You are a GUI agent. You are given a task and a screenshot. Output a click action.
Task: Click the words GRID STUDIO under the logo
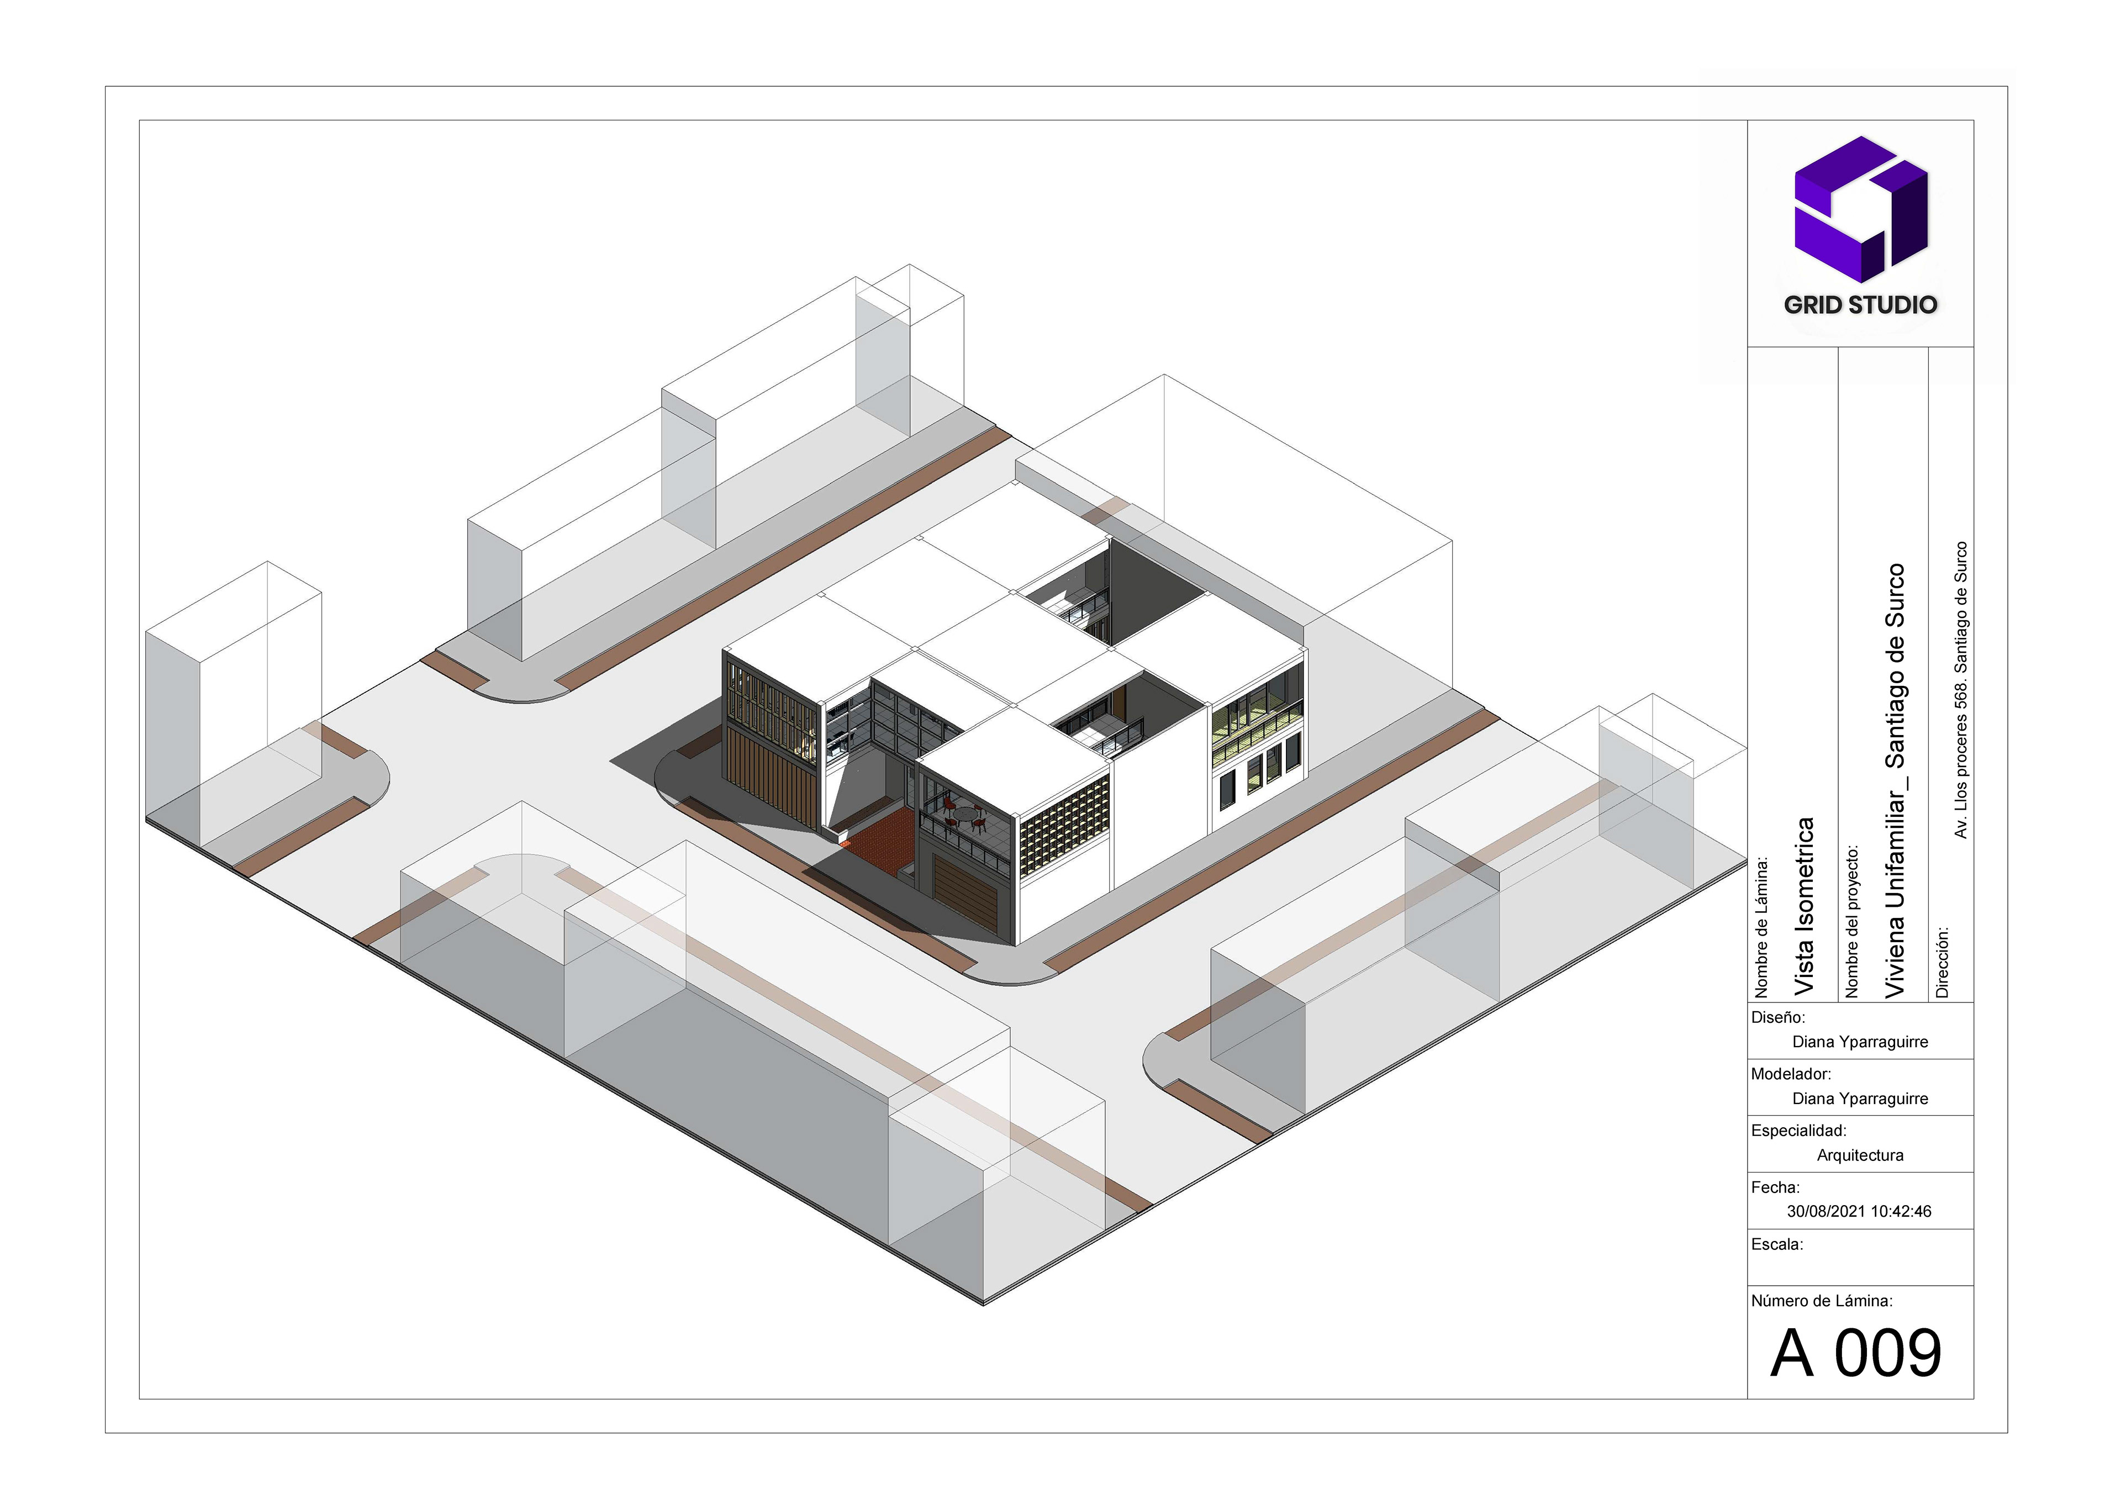(1860, 305)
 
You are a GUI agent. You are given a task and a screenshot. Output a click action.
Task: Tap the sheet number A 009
(1856, 1354)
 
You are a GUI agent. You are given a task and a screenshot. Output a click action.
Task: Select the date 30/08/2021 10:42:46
(1859, 1211)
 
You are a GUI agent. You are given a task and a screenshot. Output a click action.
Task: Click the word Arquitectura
(1860, 1155)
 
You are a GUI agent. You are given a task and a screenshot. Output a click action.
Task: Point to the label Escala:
(1776, 1244)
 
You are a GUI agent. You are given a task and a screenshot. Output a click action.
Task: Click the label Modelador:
(1790, 1074)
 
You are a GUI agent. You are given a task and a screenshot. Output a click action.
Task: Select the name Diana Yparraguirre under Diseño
(1860, 1042)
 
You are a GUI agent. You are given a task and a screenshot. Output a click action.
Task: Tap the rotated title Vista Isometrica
(1803, 906)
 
